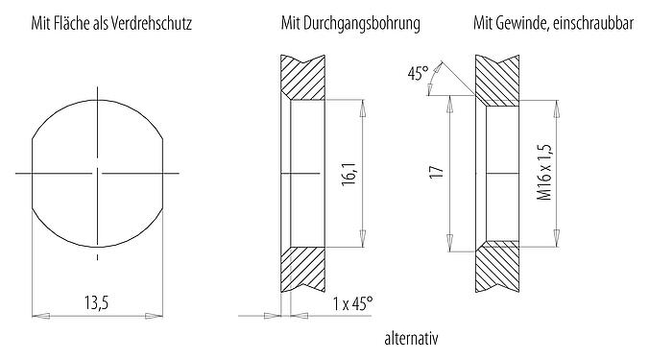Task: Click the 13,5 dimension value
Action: point(95,302)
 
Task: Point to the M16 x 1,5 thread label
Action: point(542,174)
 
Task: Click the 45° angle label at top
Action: point(416,73)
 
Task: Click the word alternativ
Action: point(411,339)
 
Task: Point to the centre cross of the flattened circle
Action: point(97,174)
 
